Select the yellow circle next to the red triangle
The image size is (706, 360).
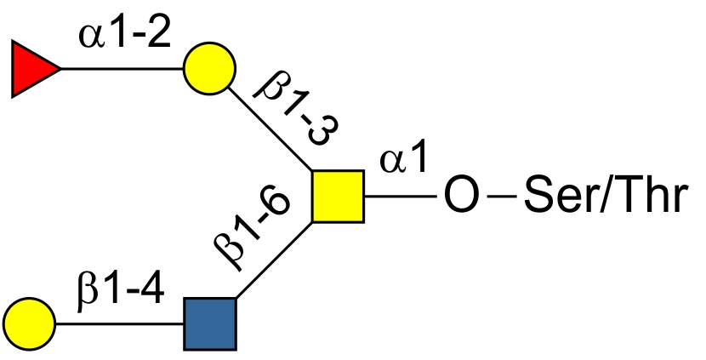[x=209, y=68]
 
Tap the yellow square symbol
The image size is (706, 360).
[x=338, y=197]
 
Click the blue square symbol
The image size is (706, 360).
[x=210, y=324]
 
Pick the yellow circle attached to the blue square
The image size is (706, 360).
[x=29, y=324]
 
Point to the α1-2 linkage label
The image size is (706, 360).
[x=125, y=34]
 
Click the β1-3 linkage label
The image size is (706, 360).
[x=296, y=111]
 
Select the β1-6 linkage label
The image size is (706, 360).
[x=251, y=229]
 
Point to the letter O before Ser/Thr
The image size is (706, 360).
[x=461, y=196]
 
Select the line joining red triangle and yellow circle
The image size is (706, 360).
[x=122, y=69]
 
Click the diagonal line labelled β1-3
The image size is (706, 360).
[x=270, y=129]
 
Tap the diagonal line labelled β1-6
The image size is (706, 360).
[x=274, y=260]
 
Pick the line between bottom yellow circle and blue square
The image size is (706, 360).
[x=119, y=324]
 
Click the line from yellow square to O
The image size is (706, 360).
[x=401, y=197]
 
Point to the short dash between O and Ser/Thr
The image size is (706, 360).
[x=502, y=197]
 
